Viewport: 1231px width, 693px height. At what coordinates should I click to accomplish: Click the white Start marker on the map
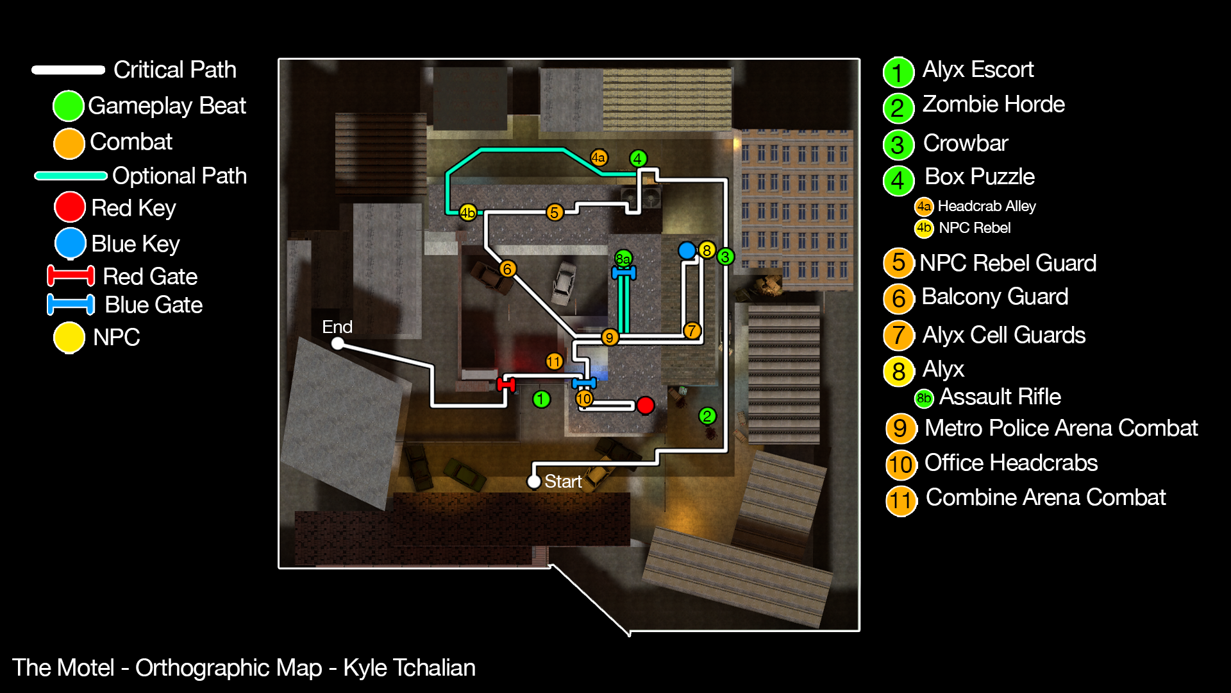(x=533, y=481)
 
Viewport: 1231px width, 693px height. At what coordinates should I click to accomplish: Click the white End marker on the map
(x=337, y=344)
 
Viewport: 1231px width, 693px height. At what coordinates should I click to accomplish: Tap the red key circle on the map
(x=645, y=405)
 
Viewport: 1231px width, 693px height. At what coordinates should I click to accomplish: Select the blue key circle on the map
(x=687, y=250)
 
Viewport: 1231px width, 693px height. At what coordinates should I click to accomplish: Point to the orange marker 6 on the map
(x=507, y=269)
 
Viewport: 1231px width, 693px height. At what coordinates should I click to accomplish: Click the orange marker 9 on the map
(x=609, y=337)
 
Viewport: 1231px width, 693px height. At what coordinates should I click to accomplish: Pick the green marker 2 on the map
(x=707, y=416)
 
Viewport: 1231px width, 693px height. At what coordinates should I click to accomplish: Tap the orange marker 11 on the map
(x=554, y=361)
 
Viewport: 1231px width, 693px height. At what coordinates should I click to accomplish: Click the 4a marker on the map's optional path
(x=598, y=157)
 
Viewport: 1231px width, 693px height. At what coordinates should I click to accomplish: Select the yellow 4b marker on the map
(x=467, y=212)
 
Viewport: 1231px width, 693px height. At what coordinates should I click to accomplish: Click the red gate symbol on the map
(x=506, y=384)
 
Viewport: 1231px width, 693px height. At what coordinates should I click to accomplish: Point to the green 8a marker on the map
(x=623, y=259)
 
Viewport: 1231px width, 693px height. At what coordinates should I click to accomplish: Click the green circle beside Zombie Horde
(x=898, y=108)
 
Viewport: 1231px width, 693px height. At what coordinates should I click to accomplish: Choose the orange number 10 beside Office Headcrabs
(x=900, y=464)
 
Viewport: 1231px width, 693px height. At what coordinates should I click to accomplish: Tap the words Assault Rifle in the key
(x=1000, y=397)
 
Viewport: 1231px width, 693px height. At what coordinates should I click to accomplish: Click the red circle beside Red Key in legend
(x=69, y=207)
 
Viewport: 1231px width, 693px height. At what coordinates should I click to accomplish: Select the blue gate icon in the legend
(x=71, y=305)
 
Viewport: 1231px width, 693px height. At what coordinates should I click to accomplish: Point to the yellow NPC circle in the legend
(x=69, y=338)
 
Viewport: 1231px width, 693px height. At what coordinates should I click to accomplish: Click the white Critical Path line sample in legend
(x=68, y=70)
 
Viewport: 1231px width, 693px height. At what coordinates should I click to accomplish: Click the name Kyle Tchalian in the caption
(x=409, y=668)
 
